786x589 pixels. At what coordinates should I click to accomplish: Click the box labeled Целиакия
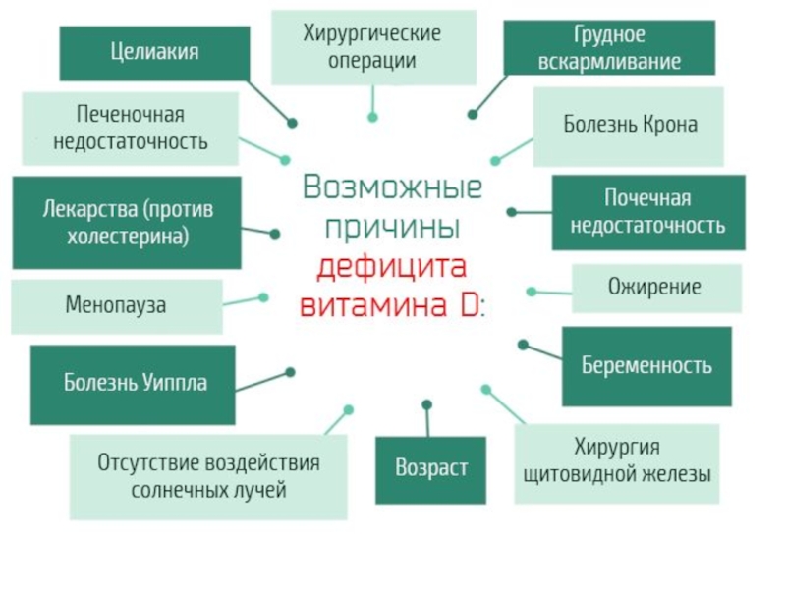click(x=154, y=53)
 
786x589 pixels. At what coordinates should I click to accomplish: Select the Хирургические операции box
click(x=372, y=47)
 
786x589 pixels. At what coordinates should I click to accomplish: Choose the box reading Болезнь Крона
click(x=630, y=126)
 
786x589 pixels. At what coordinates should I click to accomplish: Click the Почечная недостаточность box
click(x=648, y=212)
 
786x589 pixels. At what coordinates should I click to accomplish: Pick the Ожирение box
click(x=656, y=288)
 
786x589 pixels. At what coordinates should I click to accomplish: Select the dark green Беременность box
click(x=646, y=366)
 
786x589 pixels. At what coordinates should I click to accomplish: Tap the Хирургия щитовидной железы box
click(x=617, y=463)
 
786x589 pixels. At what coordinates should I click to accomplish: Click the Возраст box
click(x=431, y=469)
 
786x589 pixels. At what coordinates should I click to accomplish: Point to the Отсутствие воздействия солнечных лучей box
click(x=208, y=477)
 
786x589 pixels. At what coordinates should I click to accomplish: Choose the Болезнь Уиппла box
click(x=134, y=384)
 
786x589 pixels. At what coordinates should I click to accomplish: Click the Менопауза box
click(x=116, y=306)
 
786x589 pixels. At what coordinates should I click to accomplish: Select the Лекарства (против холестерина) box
click(x=127, y=223)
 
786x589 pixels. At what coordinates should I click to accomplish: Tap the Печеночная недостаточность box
click(x=130, y=129)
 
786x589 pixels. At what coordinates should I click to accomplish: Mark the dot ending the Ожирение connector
click(x=532, y=292)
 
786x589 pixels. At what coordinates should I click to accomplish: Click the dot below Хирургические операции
click(x=372, y=117)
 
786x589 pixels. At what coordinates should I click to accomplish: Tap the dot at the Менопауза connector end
click(x=262, y=296)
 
